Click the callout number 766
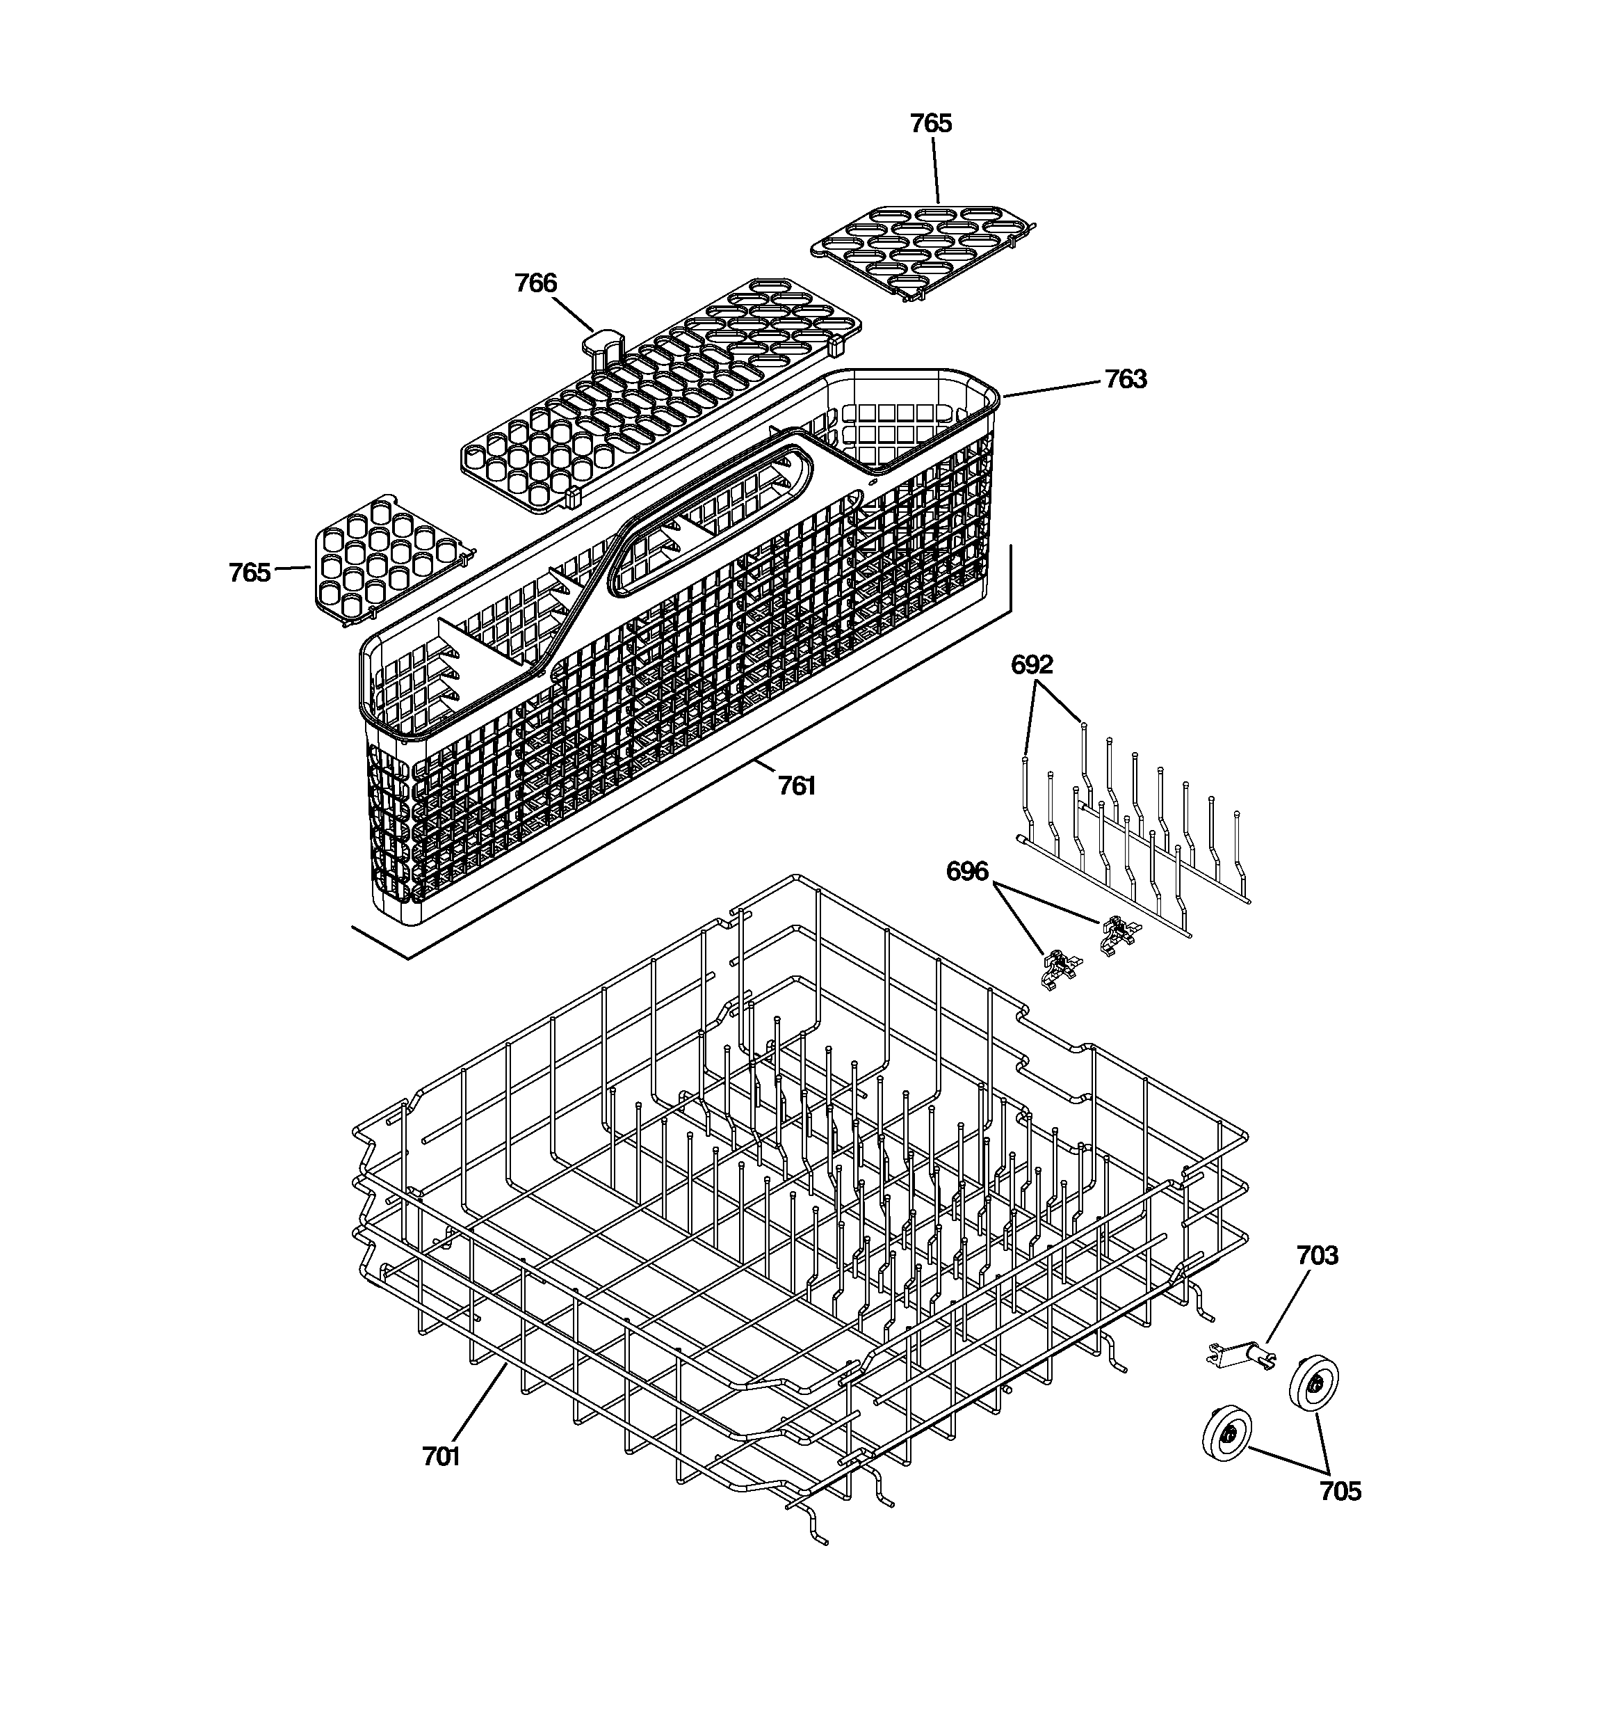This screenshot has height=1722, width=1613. [536, 283]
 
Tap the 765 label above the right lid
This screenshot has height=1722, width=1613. [931, 124]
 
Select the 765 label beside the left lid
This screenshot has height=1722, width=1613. [250, 573]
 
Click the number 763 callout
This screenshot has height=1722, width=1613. [1126, 379]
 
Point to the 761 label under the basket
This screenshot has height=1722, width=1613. [797, 786]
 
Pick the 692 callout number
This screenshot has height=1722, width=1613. [1032, 665]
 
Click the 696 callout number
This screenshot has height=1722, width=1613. [967, 871]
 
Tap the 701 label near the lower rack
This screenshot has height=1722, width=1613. [441, 1457]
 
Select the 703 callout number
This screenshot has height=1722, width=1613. [1317, 1255]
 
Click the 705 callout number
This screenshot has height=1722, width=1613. [1340, 1492]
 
